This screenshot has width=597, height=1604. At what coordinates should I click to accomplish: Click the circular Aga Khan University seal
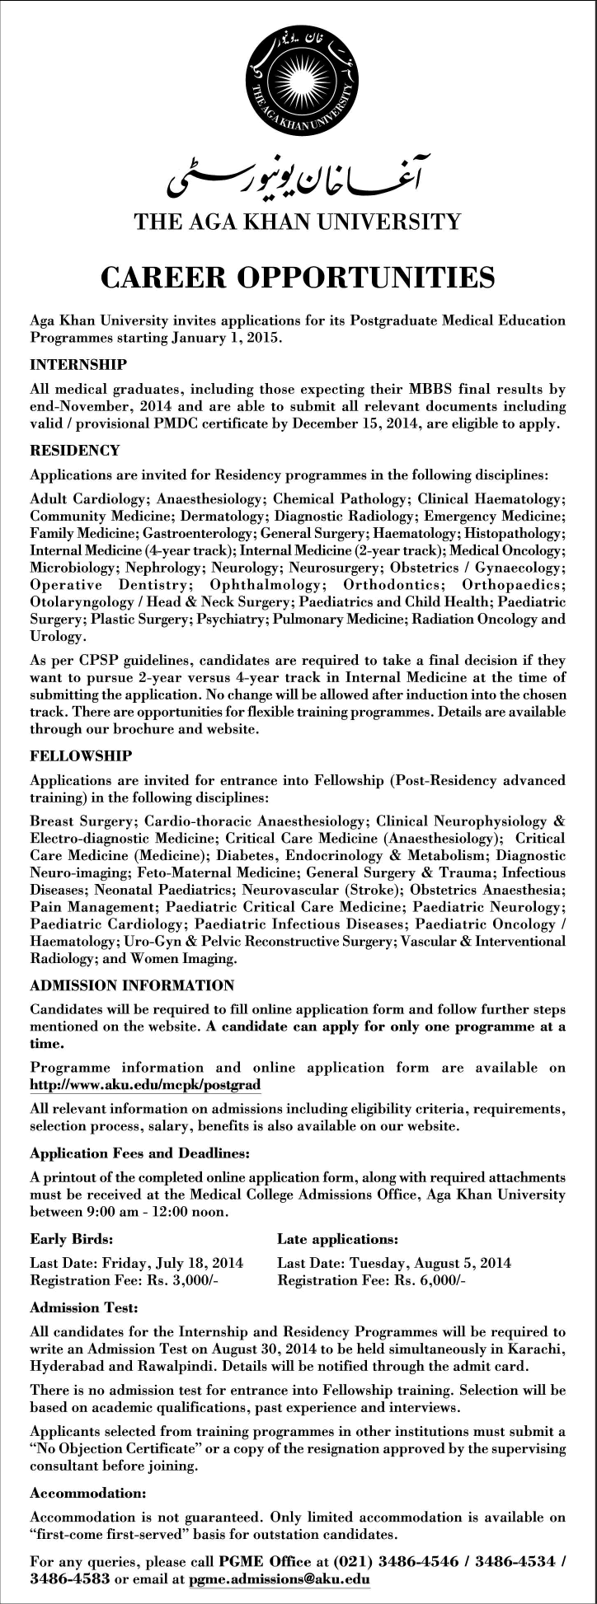[298, 82]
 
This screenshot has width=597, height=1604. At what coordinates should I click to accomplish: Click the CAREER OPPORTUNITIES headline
[298, 277]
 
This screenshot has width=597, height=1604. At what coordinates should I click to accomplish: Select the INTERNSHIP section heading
[78, 363]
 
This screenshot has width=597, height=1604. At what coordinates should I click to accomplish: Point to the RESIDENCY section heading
[75, 451]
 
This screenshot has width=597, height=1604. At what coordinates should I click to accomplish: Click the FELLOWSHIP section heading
[81, 755]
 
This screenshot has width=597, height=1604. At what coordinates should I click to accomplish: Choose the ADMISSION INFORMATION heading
[132, 985]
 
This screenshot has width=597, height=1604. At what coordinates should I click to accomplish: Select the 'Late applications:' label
[338, 1238]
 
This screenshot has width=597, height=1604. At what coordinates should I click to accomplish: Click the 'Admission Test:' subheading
[83, 1307]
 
